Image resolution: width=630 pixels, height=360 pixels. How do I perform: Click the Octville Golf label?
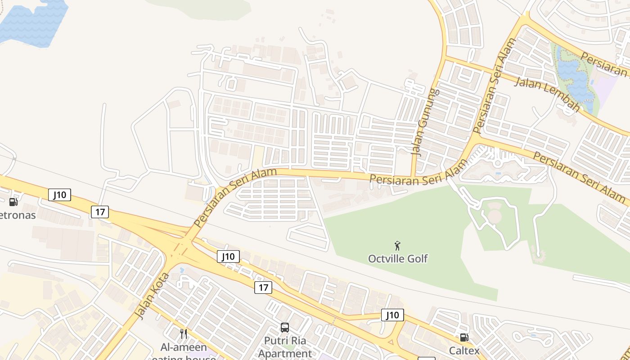(398, 259)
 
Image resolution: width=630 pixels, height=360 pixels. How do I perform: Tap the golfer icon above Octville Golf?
(397, 246)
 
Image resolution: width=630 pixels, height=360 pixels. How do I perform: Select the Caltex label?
(464, 350)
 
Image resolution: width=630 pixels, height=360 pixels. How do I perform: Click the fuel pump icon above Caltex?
(463, 337)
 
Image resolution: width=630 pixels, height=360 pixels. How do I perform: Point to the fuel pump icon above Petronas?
(13, 202)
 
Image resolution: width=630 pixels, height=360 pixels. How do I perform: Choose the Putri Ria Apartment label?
(285, 346)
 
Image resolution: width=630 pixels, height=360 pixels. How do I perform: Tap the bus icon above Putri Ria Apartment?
(285, 328)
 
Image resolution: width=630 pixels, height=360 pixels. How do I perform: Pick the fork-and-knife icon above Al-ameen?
(183, 333)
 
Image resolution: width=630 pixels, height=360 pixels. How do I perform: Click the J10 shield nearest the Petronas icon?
(59, 195)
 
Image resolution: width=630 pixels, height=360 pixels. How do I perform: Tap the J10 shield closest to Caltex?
(392, 315)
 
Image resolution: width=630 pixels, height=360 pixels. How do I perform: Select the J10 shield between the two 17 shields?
(228, 256)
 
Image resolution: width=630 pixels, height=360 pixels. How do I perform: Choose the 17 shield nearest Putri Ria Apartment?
(263, 288)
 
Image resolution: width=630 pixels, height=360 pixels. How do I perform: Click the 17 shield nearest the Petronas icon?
(100, 212)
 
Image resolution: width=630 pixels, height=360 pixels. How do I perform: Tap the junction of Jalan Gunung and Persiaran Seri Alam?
(412, 176)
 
